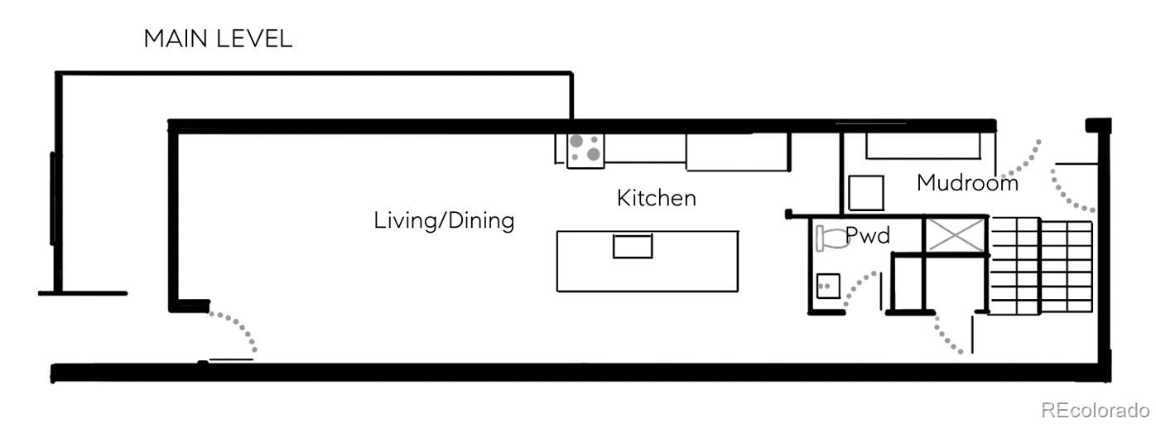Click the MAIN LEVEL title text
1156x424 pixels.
(218, 39)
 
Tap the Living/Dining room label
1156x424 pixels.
(444, 221)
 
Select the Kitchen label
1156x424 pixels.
(657, 198)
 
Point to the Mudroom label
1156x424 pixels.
(968, 183)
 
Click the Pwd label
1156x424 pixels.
(868, 236)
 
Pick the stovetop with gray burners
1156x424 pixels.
(585, 150)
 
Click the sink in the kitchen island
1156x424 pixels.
(633, 246)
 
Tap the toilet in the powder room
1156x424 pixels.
(832, 238)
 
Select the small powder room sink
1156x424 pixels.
(828, 287)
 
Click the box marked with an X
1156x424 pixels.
(956, 236)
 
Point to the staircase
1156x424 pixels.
(1040, 266)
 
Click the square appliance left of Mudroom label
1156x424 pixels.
(866, 193)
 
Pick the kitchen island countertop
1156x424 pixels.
(648, 262)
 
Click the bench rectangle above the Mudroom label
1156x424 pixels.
(922, 146)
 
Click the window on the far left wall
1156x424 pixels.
(53, 198)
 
